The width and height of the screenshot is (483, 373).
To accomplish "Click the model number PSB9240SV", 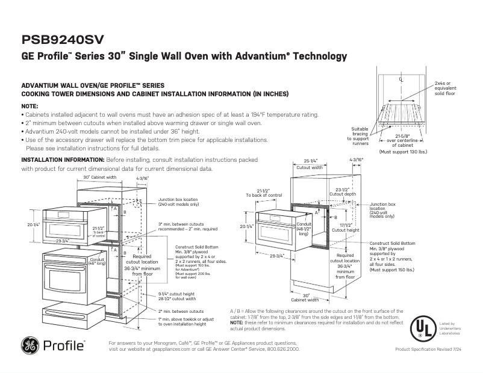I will click(x=63, y=39).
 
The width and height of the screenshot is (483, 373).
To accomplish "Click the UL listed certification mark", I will click(x=423, y=328).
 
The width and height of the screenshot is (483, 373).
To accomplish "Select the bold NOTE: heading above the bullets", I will click(x=30, y=105).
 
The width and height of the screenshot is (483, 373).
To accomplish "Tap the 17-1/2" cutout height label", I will click(x=345, y=227).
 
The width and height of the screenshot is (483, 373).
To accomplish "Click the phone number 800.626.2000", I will click(x=282, y=349).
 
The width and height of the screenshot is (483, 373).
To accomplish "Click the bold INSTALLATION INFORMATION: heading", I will click(x=63, y=161).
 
